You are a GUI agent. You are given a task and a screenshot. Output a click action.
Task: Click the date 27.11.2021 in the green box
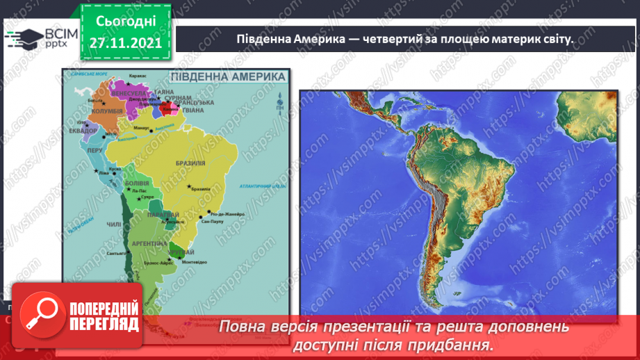(x=126, y=42)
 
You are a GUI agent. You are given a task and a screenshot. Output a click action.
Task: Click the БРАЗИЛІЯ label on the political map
(x=192, y=163)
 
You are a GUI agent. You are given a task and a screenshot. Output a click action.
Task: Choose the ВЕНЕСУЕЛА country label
(x=129, y=92)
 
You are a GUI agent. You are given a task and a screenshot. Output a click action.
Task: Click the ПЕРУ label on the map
(x=95, y=149)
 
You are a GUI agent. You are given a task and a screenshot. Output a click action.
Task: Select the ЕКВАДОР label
(x=76, y=129)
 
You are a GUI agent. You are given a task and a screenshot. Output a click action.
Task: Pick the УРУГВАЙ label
(x=184, y=252)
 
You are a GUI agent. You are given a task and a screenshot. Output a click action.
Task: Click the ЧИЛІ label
(x=113, y=224)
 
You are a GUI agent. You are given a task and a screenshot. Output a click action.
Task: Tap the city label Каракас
(x=138, y=76)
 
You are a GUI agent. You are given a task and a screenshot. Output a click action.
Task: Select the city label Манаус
(x=142, y=129)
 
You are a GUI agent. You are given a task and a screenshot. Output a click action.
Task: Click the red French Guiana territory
(x=169, y=109)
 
